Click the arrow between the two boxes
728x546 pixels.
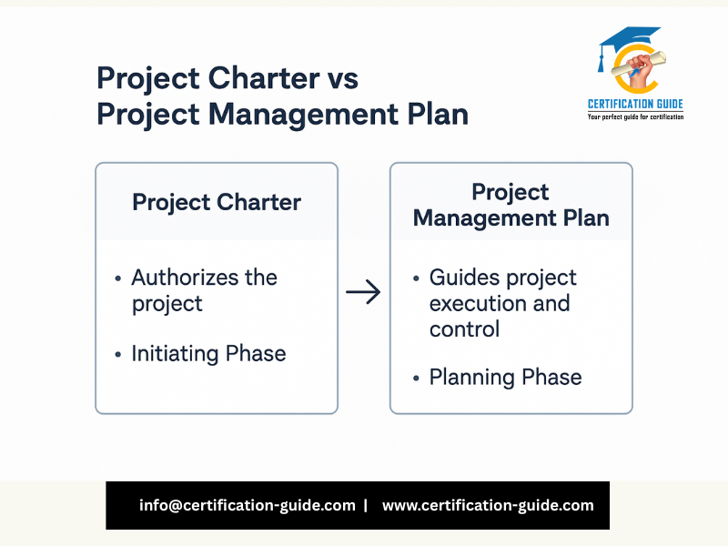[363, 291]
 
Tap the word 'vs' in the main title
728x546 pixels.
[343, 78]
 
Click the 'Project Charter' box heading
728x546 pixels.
[217, 202]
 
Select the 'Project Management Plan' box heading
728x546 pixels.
[511, 205]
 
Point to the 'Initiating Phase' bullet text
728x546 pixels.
[208, 354]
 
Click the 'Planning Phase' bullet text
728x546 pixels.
[505, 377]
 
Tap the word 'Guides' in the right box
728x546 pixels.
[464, 278]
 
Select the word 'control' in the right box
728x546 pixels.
[464, 329]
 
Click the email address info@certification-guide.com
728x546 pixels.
[247, 505]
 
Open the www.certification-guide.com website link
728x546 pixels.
[488, 505]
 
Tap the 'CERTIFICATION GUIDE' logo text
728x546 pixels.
[635, 104]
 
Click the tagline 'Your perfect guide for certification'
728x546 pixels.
[635, 117]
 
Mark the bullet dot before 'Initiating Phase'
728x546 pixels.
[118, 355]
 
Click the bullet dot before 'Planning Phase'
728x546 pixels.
[416, 379]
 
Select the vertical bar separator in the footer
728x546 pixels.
[366, 505]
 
